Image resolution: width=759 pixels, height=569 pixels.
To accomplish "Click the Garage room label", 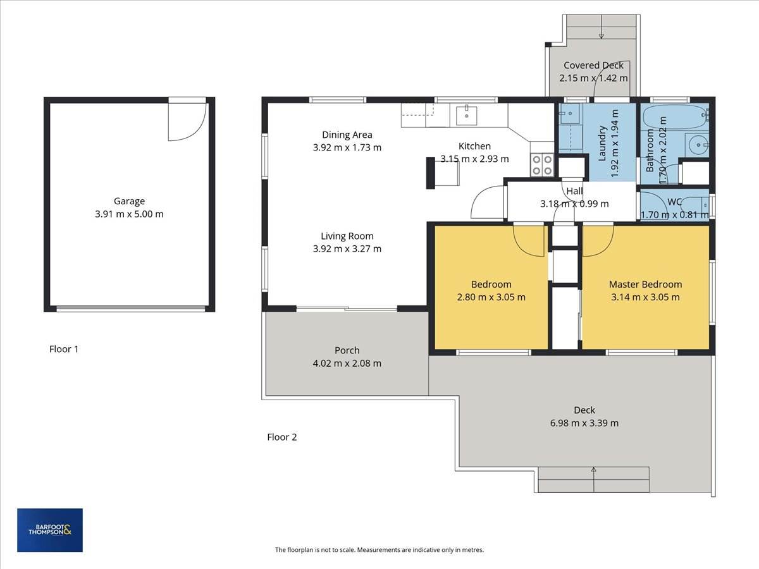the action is tap(129, 201).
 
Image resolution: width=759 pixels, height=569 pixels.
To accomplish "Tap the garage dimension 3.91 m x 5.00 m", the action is tap(129, 214).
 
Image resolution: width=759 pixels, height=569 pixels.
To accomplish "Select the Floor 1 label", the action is tap(64, 349).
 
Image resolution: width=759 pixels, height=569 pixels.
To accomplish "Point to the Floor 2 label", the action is tap(282, 437).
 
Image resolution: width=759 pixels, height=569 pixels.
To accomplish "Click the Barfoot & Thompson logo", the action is tap(50, 530).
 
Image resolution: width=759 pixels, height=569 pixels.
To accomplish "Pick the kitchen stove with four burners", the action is tap(542, 165).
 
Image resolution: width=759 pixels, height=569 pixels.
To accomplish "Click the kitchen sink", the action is tap(466, 115).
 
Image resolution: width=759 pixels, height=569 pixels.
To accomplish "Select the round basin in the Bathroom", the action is tap(697, 145).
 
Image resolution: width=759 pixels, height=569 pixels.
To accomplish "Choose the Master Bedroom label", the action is tap(645, 284).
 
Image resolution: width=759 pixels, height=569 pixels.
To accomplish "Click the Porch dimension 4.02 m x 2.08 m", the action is tap(347, 364).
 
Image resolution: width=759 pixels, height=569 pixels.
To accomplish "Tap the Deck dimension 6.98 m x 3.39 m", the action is tap(584, 423).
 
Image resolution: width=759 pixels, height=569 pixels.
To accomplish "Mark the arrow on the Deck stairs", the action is tap(594, 479).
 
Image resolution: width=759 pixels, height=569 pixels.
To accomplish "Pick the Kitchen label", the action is tap(474, 146).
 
